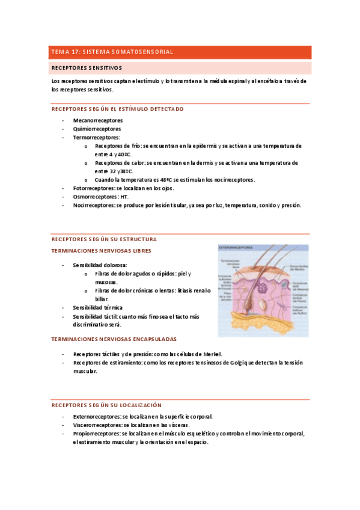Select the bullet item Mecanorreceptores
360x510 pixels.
tap(97, 120)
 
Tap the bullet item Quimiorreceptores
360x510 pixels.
tap(97, 129)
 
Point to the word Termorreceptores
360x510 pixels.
tap(96, 137)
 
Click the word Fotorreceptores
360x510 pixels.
tap(94, 188)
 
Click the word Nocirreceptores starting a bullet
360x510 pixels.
tap(94, 205)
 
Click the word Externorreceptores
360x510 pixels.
tap(97, 416)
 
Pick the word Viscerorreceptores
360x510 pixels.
tap(97, 425)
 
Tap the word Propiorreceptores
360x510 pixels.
tap(96, 433)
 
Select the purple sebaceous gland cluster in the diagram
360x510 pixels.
tap(263, 287)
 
